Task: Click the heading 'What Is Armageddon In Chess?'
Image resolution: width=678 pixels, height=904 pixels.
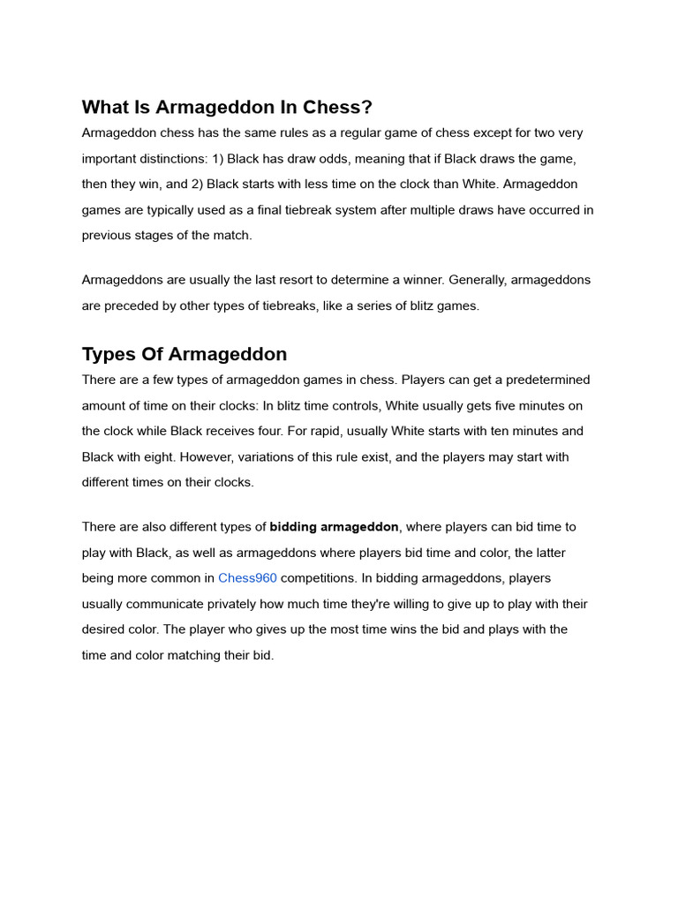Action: [227, 108]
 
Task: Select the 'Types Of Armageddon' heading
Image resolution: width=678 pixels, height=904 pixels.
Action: [185, 354]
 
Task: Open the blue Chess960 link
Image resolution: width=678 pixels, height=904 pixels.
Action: [247, 578]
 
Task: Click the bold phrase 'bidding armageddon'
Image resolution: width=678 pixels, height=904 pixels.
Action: [335, 527]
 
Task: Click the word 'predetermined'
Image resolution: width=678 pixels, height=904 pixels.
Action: [547, 380]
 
